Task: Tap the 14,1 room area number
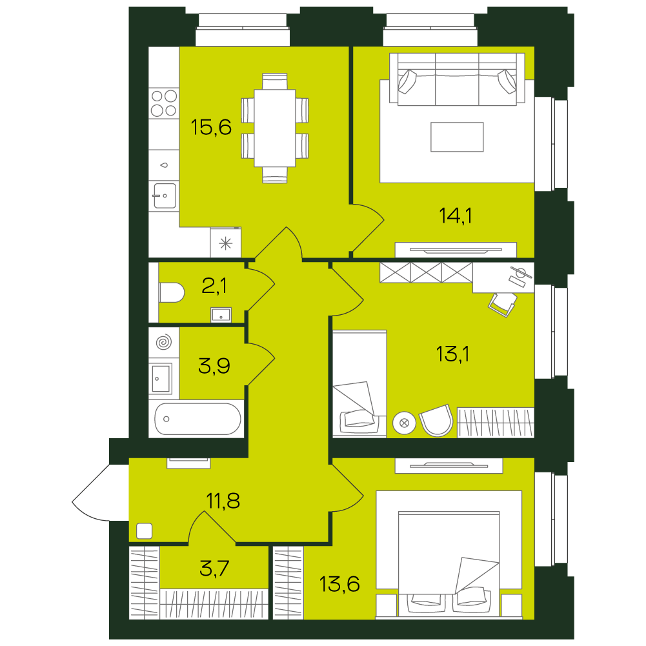[455, 216]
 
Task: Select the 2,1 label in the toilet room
[214, 285]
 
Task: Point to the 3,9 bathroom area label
[214, 365]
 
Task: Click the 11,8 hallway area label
[223, 501]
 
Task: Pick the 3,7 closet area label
[214, 569]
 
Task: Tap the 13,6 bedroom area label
[339, 584]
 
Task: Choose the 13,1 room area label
[452, 354]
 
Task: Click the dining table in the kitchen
[275, 128]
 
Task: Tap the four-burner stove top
[164, 103]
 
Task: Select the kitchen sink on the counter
[165, 196]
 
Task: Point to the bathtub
[197, 419]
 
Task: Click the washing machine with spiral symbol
[164, 342]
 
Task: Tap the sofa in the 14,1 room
[457, 79]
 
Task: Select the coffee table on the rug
[457, 137]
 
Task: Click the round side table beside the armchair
[404, 423]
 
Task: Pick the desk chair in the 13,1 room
[503, 303]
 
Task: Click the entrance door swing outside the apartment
[90, 493]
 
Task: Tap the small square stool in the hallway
[144, 530]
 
